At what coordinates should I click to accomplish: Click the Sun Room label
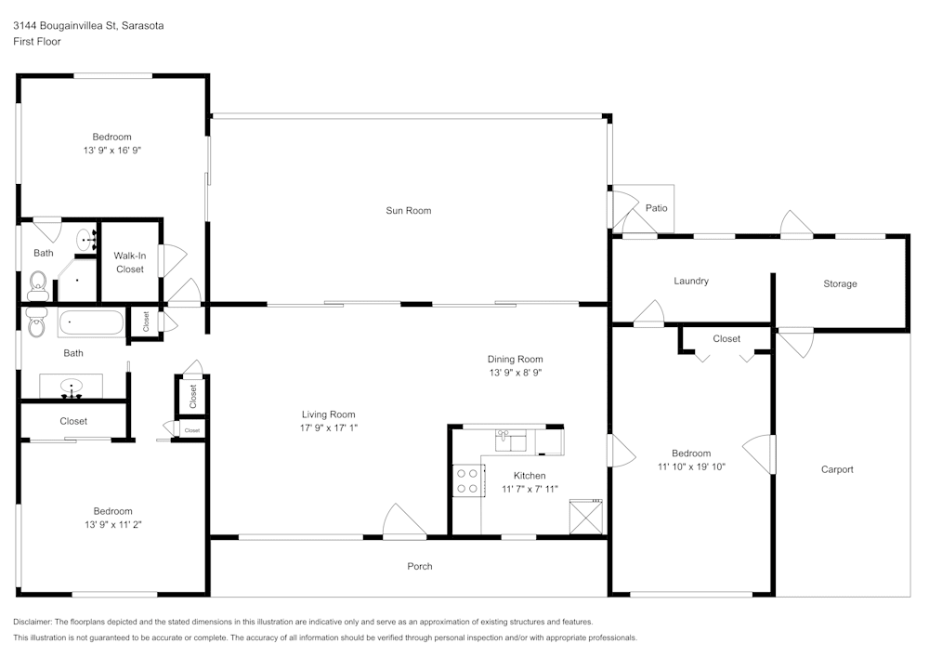click(408, 210)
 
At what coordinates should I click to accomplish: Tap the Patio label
click(656, 208)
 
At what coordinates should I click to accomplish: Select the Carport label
click(837, 469)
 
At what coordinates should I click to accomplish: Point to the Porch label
click(420, 566)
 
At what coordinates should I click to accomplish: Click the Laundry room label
click(691, 281)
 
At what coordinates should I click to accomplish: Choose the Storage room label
click(840, 283)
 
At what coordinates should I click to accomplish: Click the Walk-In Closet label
click(130, 262)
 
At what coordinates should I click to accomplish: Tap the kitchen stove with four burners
click(468, 480)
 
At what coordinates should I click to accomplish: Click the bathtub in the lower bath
click(91, 322)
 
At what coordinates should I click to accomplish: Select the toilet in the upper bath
click(38, 286)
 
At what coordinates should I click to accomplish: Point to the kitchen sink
click(510, 440)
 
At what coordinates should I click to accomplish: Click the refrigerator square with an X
click(586, 517)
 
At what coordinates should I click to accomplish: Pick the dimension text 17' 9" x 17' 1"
click(328, 427)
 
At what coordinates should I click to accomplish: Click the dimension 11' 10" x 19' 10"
click(691, 466)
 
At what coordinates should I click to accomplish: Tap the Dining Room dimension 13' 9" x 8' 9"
click(516, 373)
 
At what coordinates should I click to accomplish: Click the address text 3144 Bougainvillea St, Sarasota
click(88, 25)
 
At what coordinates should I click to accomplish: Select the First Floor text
click(37, 42)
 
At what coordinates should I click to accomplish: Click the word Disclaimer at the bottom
click(32, 622)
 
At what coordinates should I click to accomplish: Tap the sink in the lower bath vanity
click(72, 387)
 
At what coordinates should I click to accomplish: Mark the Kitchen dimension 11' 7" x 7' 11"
click(530, 489)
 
